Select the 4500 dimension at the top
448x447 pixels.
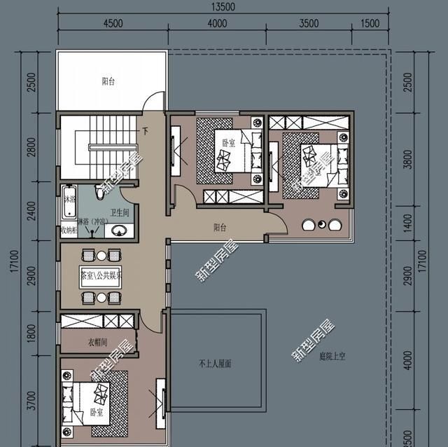coord(113,23)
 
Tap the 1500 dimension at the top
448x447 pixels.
coord(370,23)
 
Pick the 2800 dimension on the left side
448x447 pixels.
coord(29,149)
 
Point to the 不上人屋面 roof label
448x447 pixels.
coord(215,364)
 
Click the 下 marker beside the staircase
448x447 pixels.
coord(145,131)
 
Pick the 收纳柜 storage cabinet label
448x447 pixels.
coord(69,229)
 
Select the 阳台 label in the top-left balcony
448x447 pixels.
coord(108,82)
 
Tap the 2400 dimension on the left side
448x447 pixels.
coord(29,210)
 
